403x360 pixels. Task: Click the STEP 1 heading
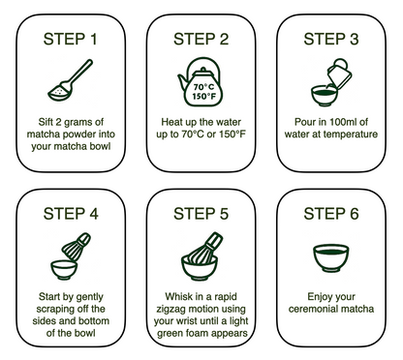(x=71, y=39)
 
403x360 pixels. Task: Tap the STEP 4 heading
(x=71, y=214)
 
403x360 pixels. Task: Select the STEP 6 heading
(x=331, y=214)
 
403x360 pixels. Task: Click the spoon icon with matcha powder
(x=71, y=80)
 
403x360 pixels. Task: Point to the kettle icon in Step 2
(x=201, y=82)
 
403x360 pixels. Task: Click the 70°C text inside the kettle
(x=203, y=87)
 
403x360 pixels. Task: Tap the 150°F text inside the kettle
(x=203, y=96)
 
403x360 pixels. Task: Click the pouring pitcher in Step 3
(x=339, y=74)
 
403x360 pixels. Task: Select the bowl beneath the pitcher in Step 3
(x=325, y=96)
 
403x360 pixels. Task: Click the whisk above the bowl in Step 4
(x=77, y=247)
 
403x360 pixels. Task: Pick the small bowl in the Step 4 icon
(x=64, y=270)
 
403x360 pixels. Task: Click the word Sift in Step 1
(x=46, y=122)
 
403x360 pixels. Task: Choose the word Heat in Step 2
(x=170, y=122)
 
